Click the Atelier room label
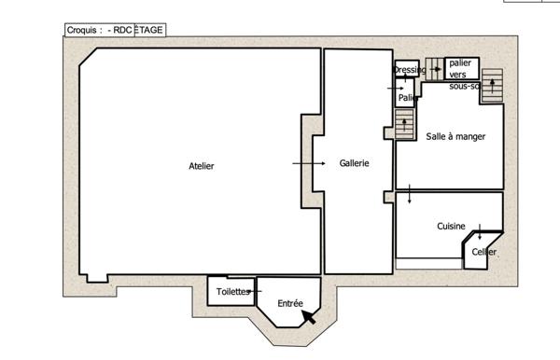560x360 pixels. [x=202, y=166]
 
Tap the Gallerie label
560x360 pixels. [x=354, y=163]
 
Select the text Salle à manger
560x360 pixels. [x=455, y=136]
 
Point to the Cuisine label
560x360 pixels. [x=451, y=227]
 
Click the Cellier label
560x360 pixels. [x=483, y=252]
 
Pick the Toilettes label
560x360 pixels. [x=233, y=292]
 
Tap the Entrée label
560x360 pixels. [x=290, y=304]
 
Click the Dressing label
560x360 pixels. [x=409, y=69]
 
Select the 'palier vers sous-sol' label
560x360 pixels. [x=463, y=74]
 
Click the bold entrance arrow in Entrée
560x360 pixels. [x=307, y=317]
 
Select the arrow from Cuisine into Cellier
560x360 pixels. [x=479, y=230]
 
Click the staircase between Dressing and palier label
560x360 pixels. [x=436, y=68]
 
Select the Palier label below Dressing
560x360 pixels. [x=407, y=97]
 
